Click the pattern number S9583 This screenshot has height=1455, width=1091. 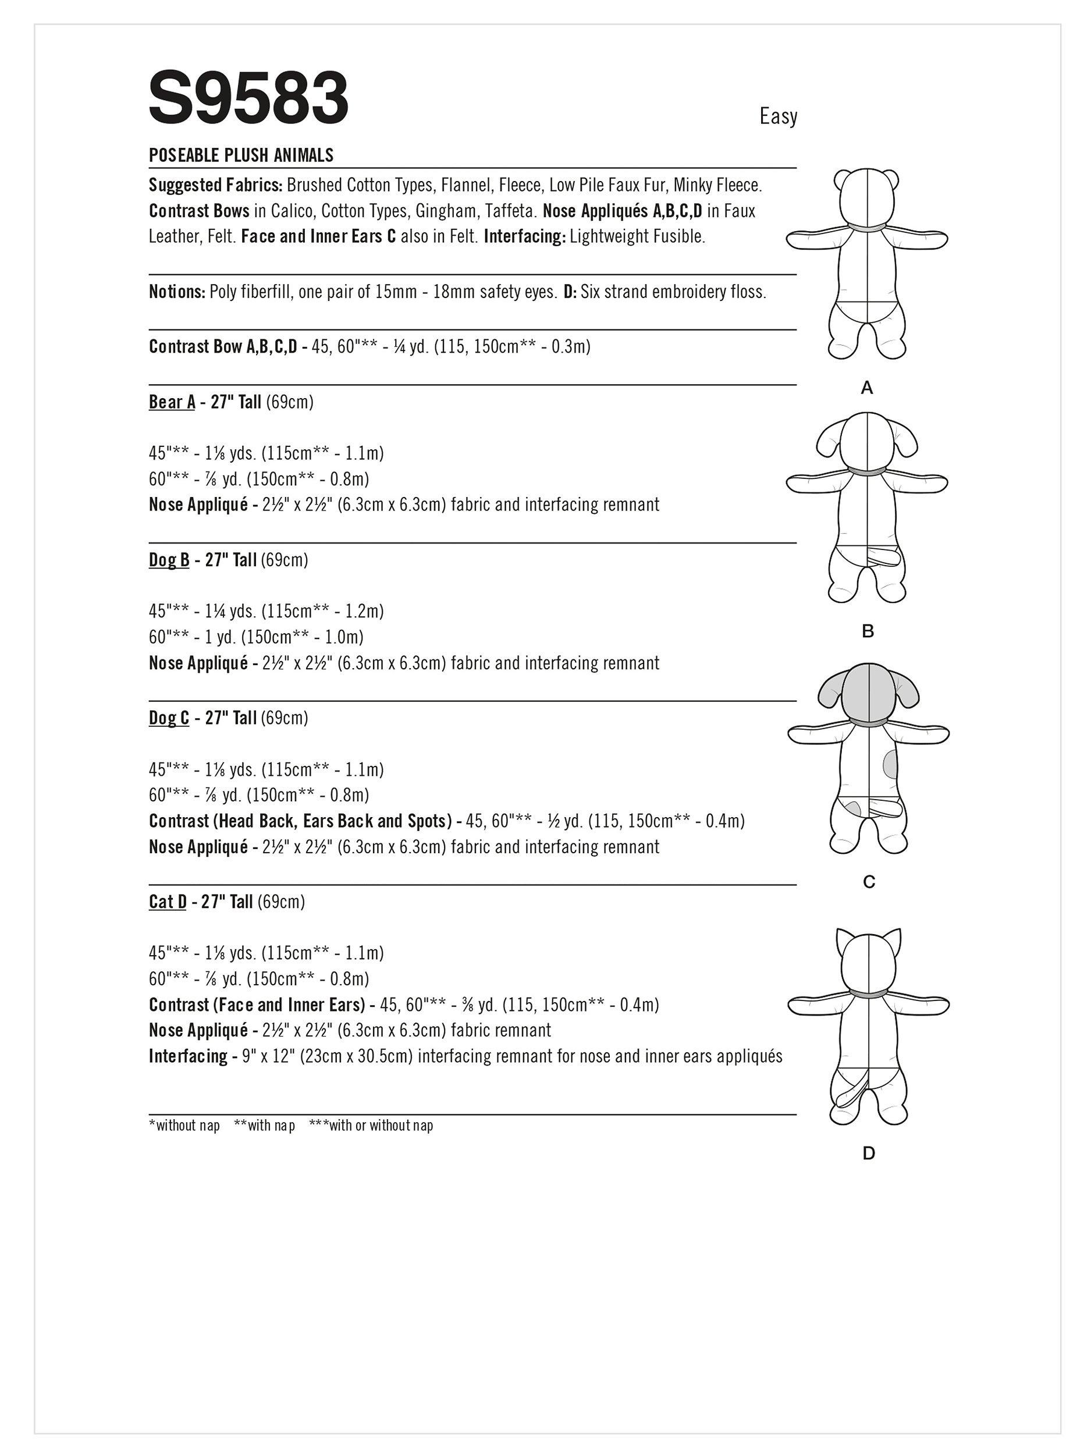[248, 99]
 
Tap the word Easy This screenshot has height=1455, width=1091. [778, 116]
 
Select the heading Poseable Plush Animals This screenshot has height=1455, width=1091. [241, 155]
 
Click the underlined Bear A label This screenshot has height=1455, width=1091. [172, 402]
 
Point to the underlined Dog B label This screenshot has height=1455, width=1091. [169, 560]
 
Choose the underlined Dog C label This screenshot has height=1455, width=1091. [169, 718]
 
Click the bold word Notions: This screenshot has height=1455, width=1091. [177, 292]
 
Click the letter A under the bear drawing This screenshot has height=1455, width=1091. [867, 389]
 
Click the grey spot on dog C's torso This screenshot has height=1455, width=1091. [890, 764]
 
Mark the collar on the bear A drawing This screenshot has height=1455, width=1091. [867, 224]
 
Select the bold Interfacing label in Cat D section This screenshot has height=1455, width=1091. [188, 1056]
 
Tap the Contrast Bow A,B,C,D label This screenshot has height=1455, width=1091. [223, 347]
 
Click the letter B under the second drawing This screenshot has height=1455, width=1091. [868, 631]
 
